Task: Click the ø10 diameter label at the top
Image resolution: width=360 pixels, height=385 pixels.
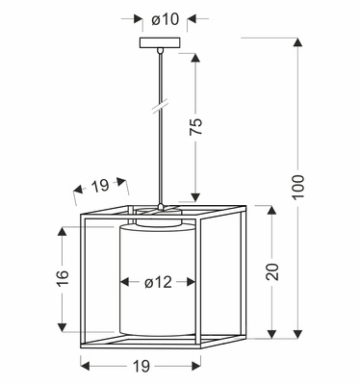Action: [x=166, y=19]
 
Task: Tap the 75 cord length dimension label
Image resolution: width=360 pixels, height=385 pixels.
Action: [x=196, y=126]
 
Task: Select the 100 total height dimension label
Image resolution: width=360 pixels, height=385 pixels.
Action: [x=298, y=187]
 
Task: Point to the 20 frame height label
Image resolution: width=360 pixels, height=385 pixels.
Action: [x=272, y=271]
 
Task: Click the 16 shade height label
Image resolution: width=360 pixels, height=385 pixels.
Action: [x=63, y=278]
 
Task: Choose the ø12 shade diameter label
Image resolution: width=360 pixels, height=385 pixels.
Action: [x=158, y=282]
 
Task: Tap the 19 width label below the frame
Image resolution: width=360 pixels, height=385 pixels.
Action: [x=141, y=366]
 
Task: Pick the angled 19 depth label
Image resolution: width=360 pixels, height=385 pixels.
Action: [x=100, y=186]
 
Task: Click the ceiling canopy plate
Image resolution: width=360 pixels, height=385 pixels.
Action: [x=160, y=42]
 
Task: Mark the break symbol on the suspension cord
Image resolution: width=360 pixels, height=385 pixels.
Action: [x=160, y=107]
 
